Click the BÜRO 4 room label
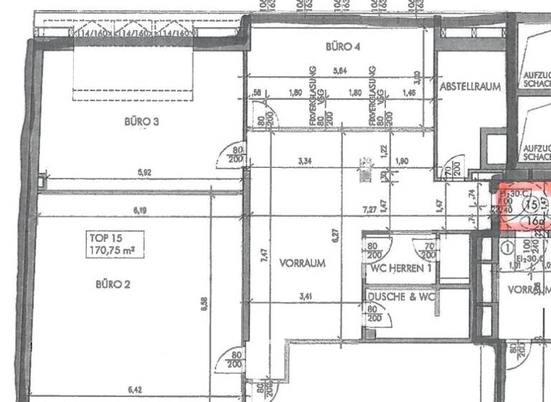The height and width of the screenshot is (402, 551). pyautogui.click(x=342, y=47)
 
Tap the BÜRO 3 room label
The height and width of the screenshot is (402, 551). pyautogui.click(x=141, y=121)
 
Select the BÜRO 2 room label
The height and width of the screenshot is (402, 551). pyautogui.click(x=113, y=284)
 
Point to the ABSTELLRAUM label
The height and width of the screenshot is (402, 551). pyautogui.click(x=470, y=85)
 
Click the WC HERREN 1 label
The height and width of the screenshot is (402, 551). pyautogui.click(x=400, y=268)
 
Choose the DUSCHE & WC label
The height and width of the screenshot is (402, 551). pyautogui.click(x=400, y=296)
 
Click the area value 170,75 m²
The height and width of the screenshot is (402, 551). pyautogui.click(x=113, y=251)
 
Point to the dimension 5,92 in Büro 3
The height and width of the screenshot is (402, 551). pyautogui.click(x=147, y=172)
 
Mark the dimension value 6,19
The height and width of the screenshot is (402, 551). pyautogui.click(x=147, y=210)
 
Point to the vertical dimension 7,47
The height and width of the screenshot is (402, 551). pyautogui.click(x=265, y=256)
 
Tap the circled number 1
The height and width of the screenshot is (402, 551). pyautogui.click(x=507, y=250)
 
